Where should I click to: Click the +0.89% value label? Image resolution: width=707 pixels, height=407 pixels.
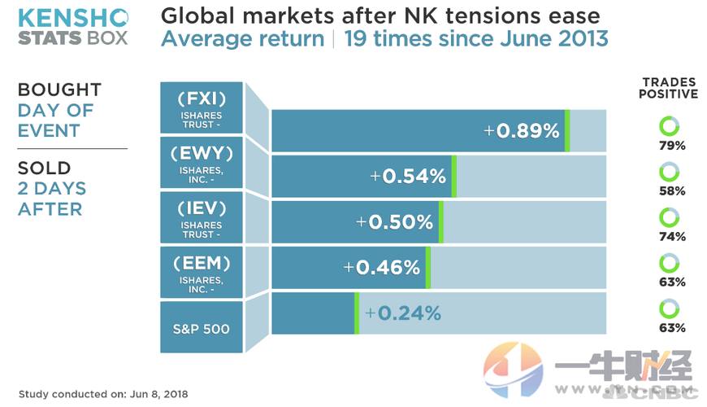coord(522,130)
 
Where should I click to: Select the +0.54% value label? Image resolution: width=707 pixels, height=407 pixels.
coord(408,176)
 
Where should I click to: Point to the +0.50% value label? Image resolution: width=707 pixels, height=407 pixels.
coord(395,221)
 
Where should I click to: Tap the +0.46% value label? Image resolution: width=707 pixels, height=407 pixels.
coord(382,267)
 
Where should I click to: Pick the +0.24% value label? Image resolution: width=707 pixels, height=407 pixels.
coord(403,313)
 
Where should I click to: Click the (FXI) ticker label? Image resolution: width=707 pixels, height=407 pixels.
coord(202,98)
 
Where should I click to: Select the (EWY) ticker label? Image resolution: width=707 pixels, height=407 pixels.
coord(202,152)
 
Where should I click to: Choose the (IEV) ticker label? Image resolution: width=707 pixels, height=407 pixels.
coord(202,207)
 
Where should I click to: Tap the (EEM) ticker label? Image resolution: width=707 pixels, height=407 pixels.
coord(202,262)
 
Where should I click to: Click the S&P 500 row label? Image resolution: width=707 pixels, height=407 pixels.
coord(202,329)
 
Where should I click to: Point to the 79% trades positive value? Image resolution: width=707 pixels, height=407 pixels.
coord(670,146)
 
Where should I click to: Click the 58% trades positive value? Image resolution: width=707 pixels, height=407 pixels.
coord(670,191)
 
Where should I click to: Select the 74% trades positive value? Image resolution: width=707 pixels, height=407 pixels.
coord(670,237)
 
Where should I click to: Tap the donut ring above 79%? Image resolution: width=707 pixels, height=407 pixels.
coord(670,126)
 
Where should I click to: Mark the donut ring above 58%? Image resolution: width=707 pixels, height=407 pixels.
coord(670,172)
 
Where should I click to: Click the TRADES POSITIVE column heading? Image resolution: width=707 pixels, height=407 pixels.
coord(670,88)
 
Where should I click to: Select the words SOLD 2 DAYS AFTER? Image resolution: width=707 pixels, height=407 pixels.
coord(52,189)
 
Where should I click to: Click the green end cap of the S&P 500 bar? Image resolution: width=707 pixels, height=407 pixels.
coord(356,313)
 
